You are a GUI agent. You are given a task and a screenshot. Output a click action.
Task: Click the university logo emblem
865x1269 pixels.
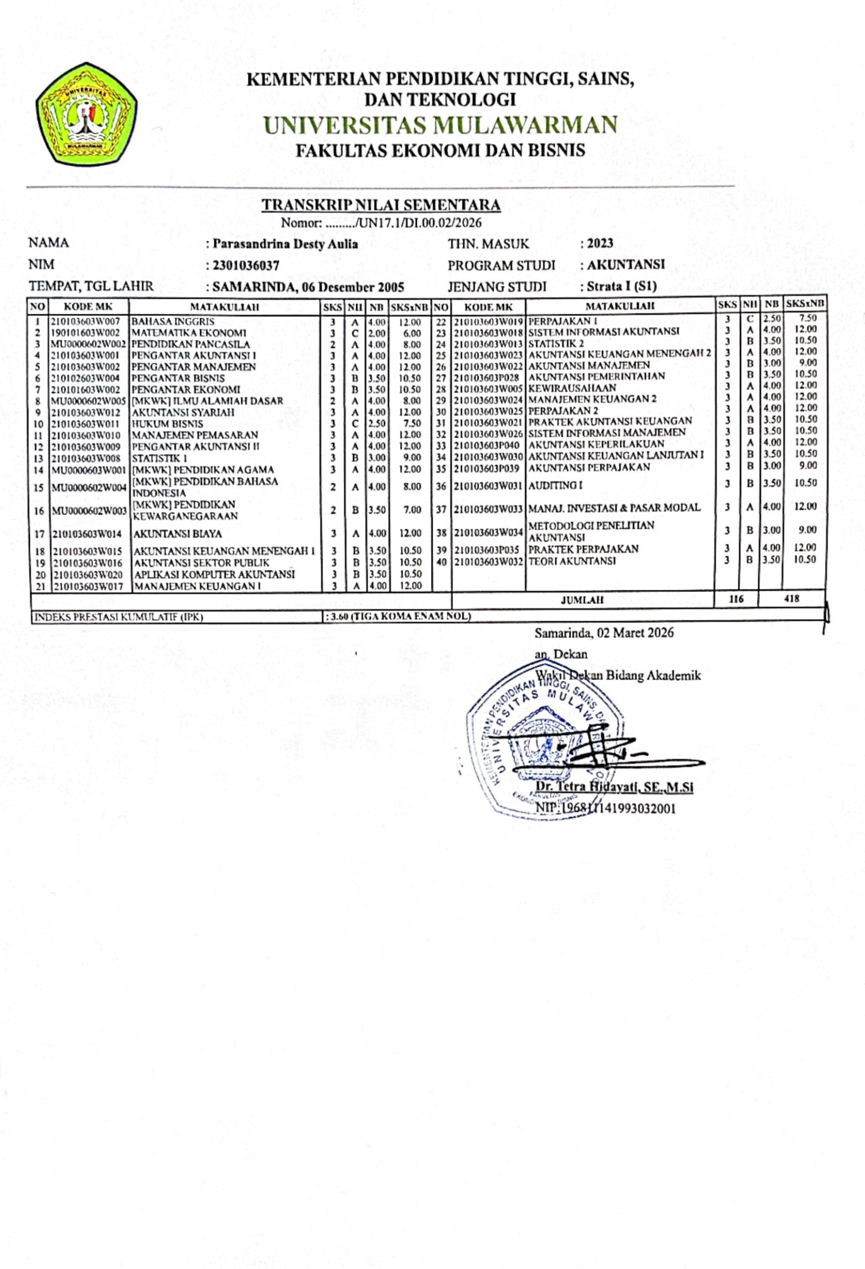[x=86, y=115]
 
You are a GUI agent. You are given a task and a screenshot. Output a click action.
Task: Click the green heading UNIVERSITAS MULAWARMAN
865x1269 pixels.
[x=440, y=125]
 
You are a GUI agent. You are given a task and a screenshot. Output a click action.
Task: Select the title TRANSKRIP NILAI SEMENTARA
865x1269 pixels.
[x=381, y=205]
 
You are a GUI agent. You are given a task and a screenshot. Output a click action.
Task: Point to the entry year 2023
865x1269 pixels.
[x=600, y=243]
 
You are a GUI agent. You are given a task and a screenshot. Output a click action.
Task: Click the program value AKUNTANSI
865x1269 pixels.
[x=625, y=265]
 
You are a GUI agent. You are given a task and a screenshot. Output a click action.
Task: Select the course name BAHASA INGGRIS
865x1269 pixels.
[x=173, y=322]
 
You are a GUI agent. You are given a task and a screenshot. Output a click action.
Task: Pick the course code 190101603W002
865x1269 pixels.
[x=86, y=333]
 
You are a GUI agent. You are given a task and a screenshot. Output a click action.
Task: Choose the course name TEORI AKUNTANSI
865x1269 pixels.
[x=572, y=561]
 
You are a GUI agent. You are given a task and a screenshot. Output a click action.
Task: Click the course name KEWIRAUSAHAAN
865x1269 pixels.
[x=572, y=388]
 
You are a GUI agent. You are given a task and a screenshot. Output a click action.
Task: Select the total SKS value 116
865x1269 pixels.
[x=736, y=599]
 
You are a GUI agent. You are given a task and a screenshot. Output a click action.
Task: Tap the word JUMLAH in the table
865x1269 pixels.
[x=582, y=600]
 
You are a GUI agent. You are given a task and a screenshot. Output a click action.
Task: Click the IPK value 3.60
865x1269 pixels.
[x=337, y=616]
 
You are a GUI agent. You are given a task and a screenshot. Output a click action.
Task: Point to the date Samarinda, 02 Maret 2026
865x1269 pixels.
[x=604, y=633]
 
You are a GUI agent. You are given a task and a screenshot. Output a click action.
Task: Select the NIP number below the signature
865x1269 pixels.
[x=606, y=808]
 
